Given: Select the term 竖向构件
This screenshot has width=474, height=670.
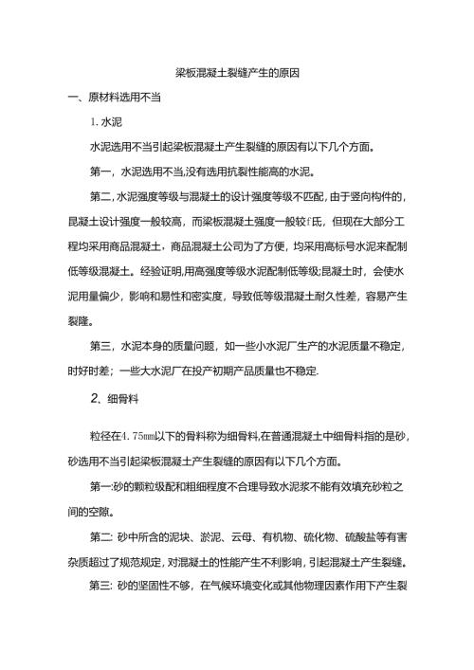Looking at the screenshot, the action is coord(370,196).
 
